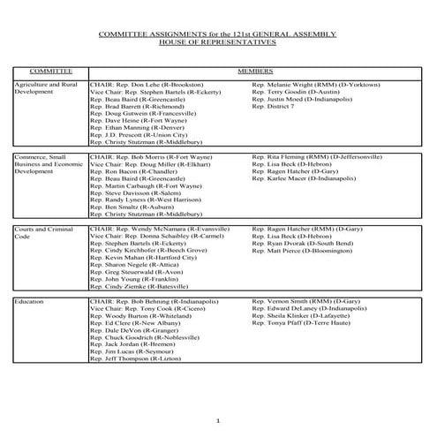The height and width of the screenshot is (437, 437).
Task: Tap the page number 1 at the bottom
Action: [x=219, y=422]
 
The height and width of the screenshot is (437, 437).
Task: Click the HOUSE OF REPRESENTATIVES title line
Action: [x=219, y=41]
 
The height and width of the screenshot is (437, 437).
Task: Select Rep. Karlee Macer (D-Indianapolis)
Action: [x=304, y=177]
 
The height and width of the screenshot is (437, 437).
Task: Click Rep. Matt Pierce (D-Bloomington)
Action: [x=303, y=250]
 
